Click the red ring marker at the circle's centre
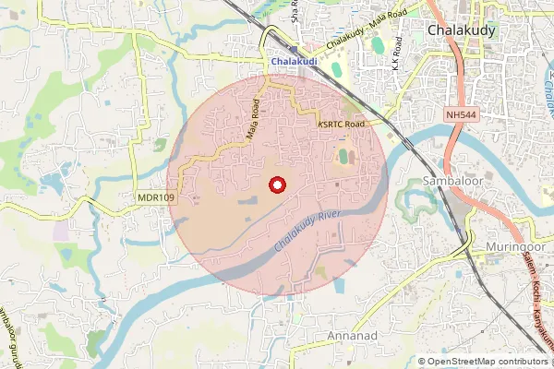[x=275, y=184]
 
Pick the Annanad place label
[x=351, y=336]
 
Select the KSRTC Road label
[x=342, y=124]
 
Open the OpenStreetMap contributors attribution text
[x=482, y=361]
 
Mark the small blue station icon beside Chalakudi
[x=293, y=52]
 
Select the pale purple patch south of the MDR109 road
[x=61, y=230]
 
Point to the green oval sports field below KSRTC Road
[x=343, y=157]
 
